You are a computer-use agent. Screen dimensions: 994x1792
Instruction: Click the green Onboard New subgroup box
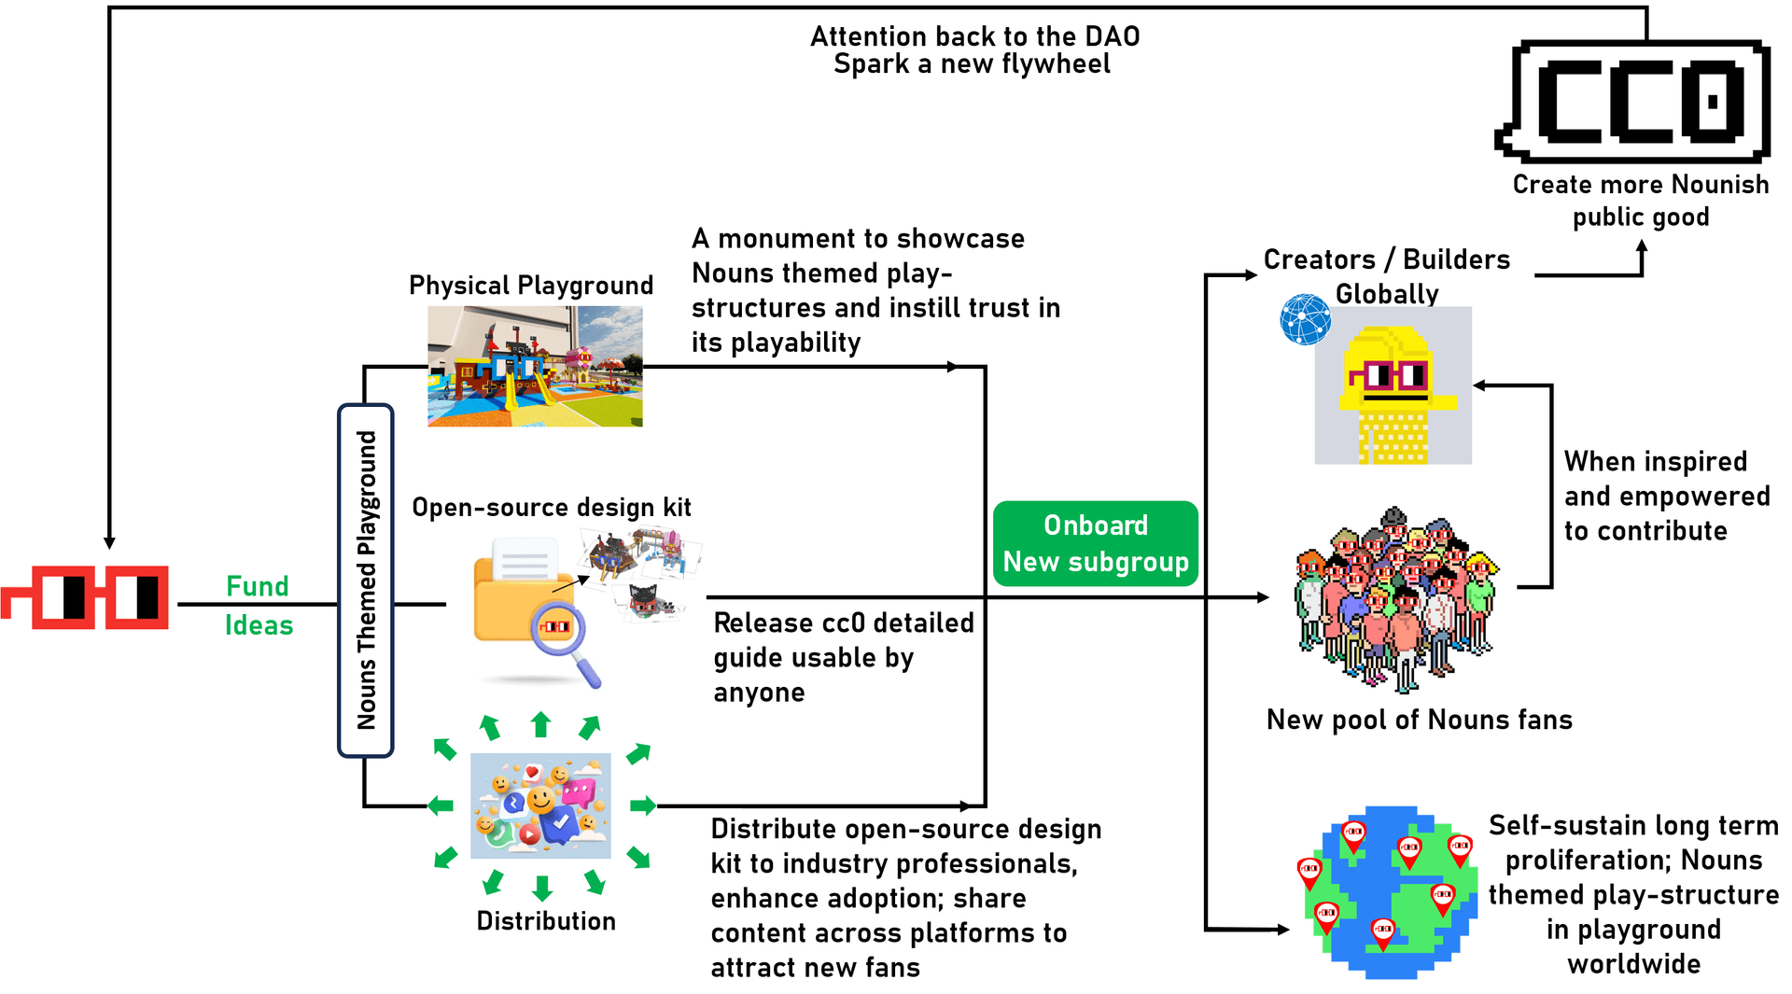(x=1095, y=543)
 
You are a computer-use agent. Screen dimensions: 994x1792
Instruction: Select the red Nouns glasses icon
(x=86, y=597)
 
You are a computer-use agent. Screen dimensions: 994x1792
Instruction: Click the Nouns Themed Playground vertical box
(x=366, y=580)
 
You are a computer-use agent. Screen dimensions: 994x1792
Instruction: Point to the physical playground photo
(x=535, y=367)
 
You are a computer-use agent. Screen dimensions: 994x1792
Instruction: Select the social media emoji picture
(x=540, y=805)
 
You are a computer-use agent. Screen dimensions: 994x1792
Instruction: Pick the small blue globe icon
(x=1305, y=319)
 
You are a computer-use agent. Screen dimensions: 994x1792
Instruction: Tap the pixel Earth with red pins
(x=1391, y=892)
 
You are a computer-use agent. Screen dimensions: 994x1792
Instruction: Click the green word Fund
(x=258, y=586)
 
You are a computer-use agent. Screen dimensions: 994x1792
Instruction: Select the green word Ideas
(x=259, y=625)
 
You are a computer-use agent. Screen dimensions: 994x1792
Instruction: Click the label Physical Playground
(x=531, y=286)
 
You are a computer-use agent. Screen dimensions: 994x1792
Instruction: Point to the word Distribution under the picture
(x=546, y=921)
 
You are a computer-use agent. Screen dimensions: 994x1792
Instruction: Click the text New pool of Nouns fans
(x=1419, y=720)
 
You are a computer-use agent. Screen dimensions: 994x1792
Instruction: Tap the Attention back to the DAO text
(x=974, y=37)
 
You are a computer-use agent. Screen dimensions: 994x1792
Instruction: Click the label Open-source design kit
(x=552, y=508)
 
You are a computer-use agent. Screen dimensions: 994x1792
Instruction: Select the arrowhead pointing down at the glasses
(x=109, y=542)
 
